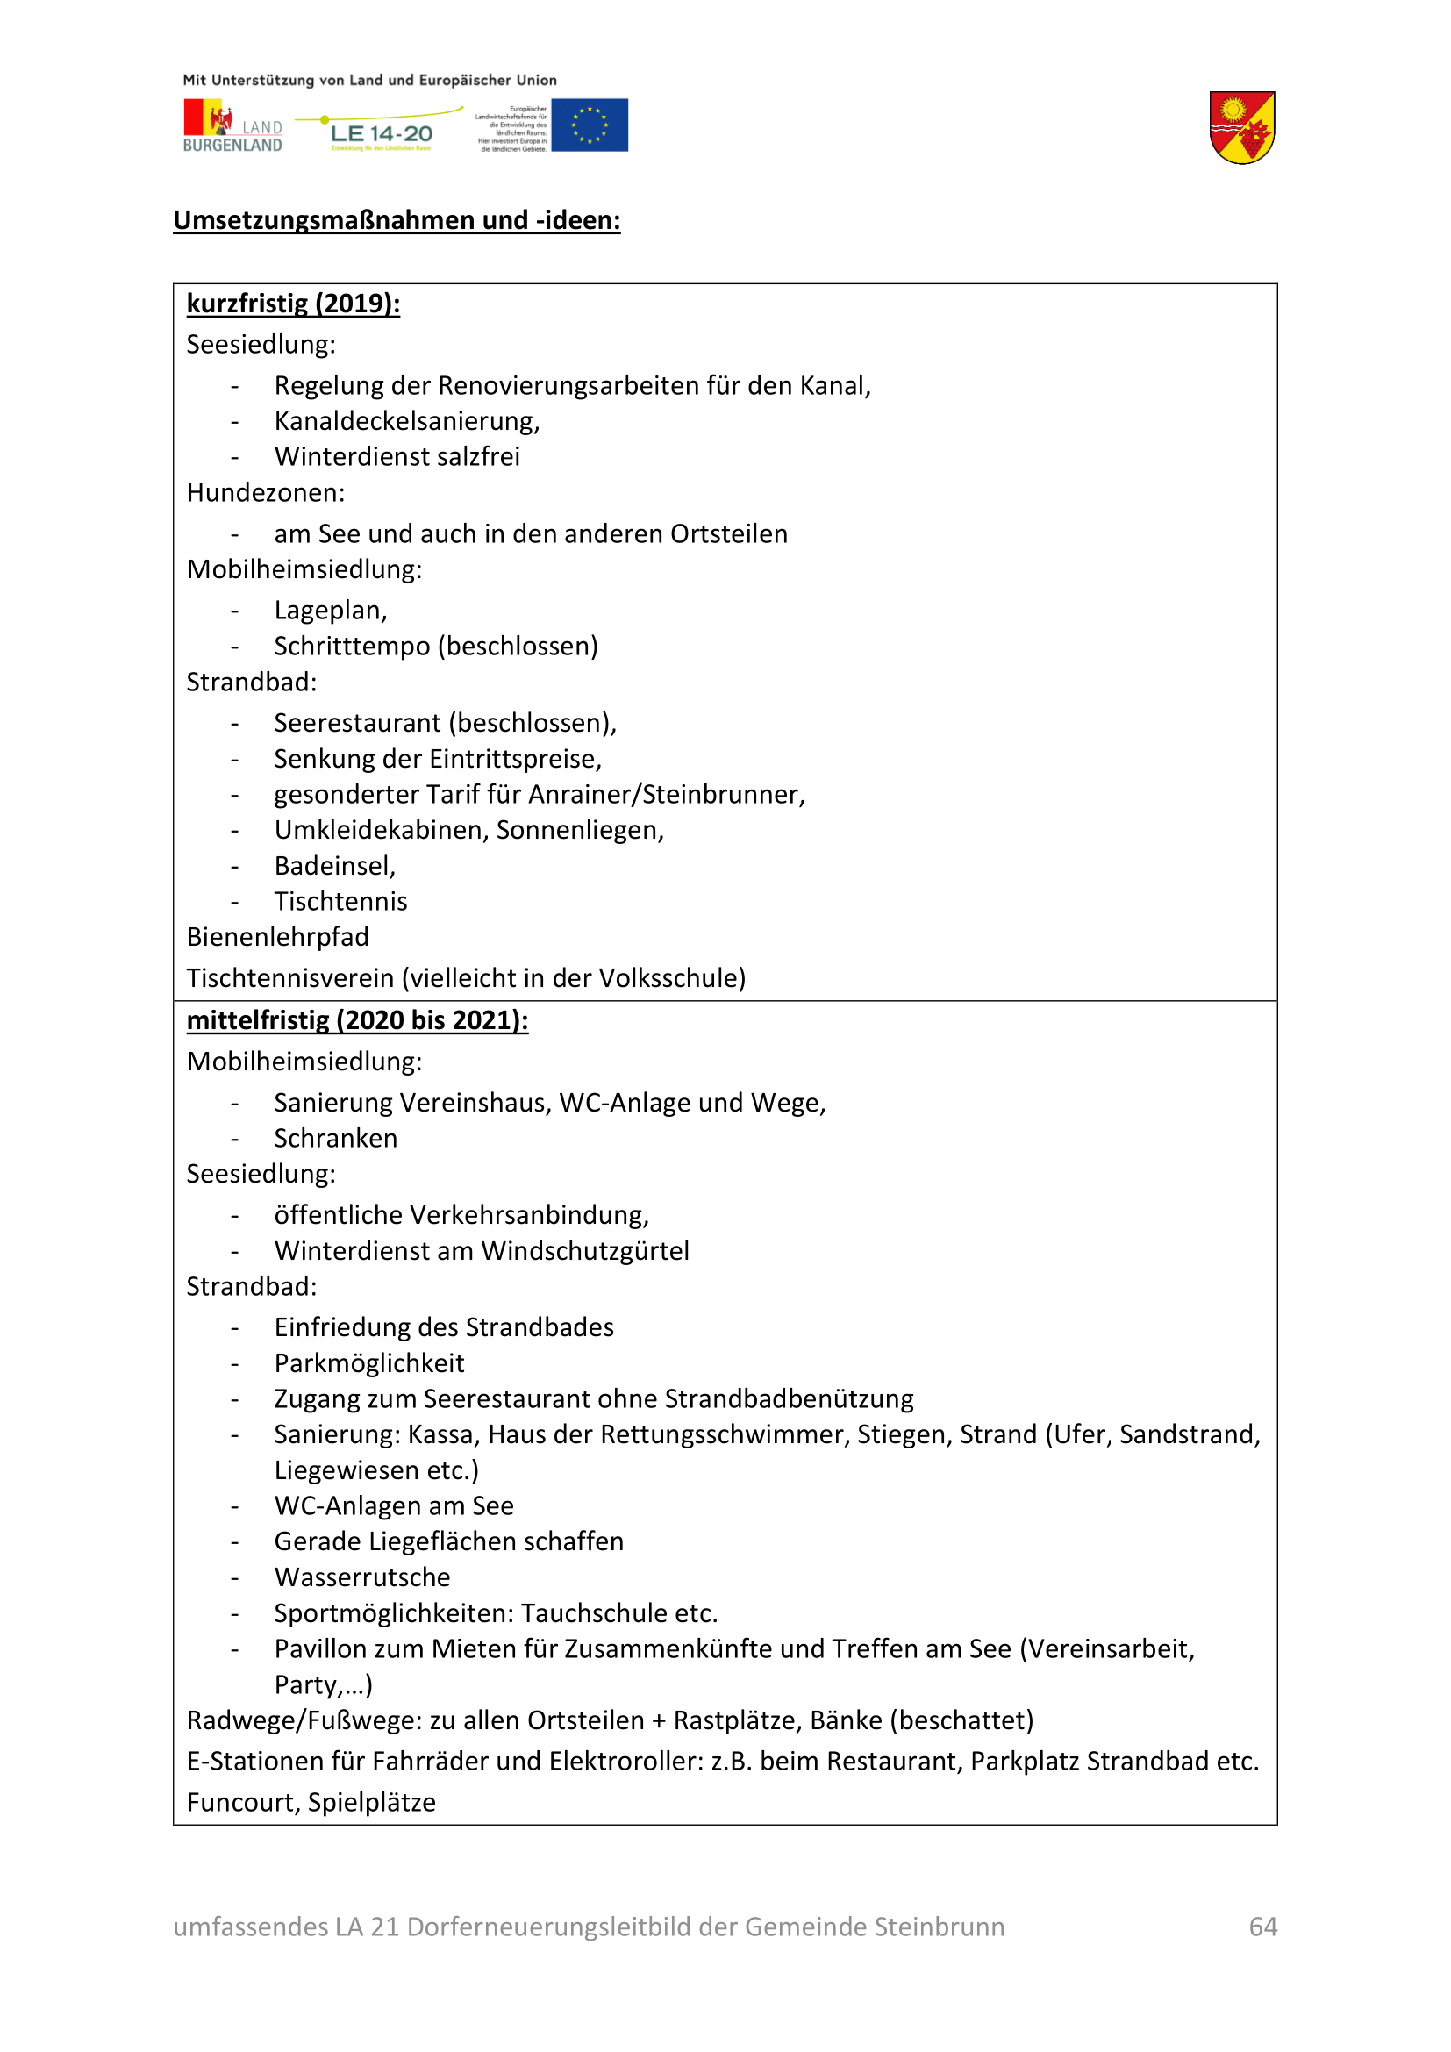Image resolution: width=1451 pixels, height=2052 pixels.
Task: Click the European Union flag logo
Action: click(589, 125)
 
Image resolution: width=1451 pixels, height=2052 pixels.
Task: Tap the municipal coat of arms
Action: click(1241, 128)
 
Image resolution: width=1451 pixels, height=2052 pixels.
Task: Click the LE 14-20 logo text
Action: click(382, 134)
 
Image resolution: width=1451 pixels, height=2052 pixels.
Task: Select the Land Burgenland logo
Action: click(232, 127)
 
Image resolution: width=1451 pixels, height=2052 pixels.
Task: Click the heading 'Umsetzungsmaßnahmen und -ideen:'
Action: click(397, 220)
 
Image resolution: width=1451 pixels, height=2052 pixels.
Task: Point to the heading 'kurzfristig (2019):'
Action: click(293, 304)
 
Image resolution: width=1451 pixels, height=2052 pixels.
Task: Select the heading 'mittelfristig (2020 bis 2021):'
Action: click(357, 1019)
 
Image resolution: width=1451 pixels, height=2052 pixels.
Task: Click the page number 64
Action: click(1262, 1926)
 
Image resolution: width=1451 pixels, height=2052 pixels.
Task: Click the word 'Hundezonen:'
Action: click(265, 492)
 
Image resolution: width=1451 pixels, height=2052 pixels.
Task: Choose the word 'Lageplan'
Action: click(328, 611)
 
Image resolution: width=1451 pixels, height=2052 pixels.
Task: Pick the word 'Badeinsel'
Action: click(332, 866)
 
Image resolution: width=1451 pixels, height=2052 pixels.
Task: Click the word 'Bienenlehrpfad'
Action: click(278, 937)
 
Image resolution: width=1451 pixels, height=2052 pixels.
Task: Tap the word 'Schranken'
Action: click(336, 1139)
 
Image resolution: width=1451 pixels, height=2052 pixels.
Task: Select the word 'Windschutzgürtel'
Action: click(597, 1251)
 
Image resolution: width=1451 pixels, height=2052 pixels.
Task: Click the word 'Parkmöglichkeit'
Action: click(369, 1363)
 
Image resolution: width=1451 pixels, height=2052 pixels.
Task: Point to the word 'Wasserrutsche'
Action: click(361, 1577)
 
